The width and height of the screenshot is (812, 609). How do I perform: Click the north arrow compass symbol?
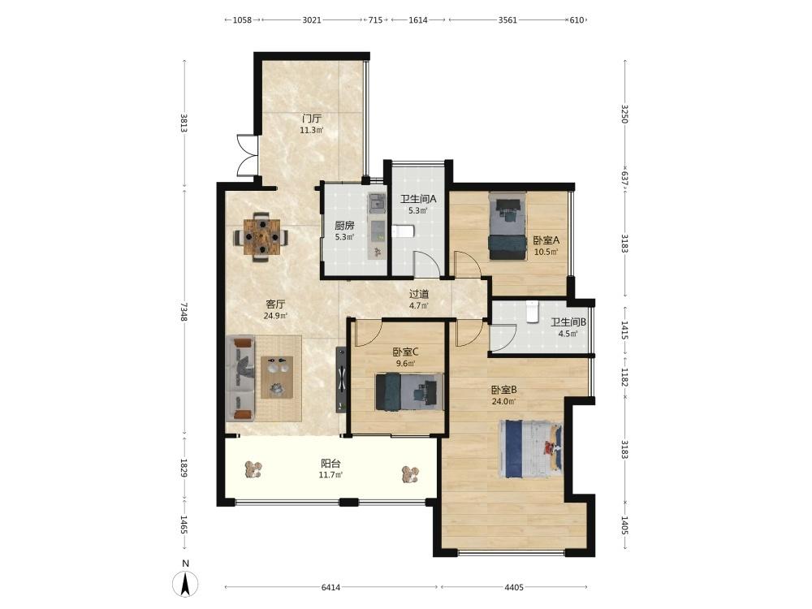185,583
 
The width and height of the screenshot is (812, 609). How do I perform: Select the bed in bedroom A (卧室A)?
508,227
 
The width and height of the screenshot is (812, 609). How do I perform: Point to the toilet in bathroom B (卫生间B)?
533,311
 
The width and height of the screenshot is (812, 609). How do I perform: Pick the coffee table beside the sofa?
277,377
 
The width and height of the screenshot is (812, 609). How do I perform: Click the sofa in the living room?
241,378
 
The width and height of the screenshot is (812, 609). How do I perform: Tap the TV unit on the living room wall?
341,379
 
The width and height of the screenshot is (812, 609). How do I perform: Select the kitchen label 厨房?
344,225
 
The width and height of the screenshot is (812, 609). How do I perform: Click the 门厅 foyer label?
312,119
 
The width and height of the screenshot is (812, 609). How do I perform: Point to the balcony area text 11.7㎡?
330,475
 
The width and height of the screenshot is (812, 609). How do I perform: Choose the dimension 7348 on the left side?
184,312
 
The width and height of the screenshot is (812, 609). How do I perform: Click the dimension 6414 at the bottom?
331,587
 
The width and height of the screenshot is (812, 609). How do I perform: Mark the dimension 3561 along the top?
508,20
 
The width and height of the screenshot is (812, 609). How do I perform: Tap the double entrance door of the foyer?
248,155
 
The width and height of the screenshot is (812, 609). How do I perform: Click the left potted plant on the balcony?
253,469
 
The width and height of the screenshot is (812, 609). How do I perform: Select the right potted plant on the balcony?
411,474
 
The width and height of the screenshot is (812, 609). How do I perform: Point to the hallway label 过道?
419,294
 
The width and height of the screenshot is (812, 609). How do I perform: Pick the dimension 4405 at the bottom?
514,587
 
